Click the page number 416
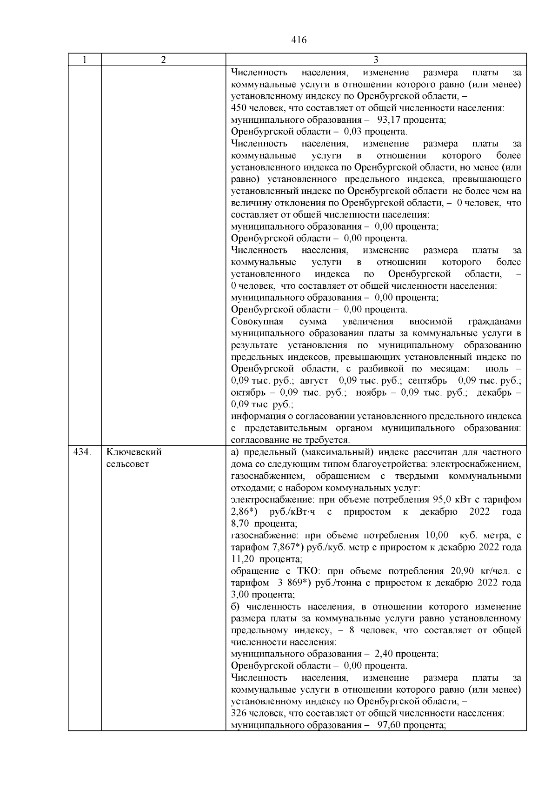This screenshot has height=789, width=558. pos(299,40)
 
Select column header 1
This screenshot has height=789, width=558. pos(84,60)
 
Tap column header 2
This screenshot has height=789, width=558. pos(163,60)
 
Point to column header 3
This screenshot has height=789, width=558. pos(376,60)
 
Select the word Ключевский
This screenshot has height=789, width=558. pos(134,452)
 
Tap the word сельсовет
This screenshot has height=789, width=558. pos(128,464)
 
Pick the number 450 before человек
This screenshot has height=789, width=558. pos(239,108)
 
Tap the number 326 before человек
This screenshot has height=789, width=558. pos(239,713)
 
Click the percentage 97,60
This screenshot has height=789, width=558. pos(388,725)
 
